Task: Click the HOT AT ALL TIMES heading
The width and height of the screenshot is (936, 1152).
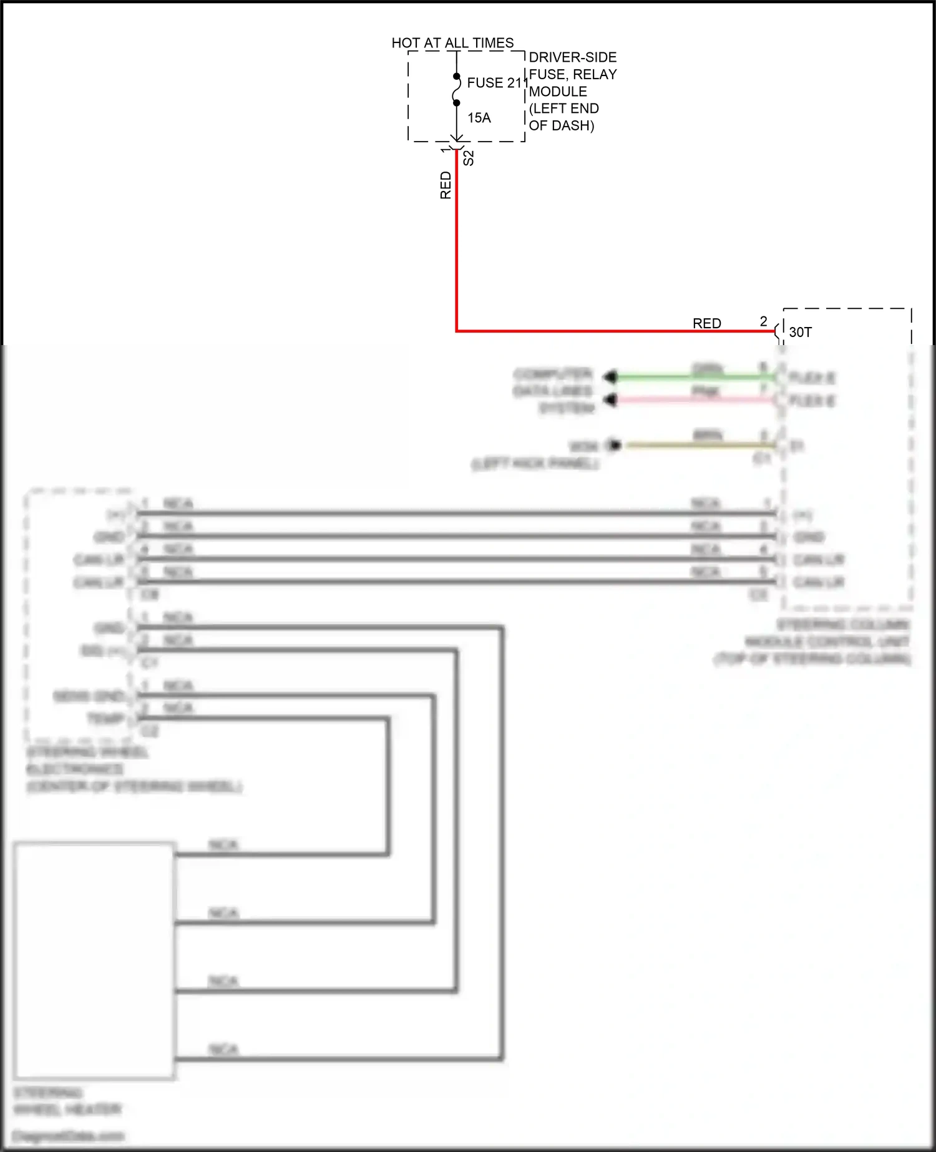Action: point(452,43)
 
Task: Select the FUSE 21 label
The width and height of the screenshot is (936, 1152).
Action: point(494,83)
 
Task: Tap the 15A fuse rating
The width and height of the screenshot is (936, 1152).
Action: point(479,118)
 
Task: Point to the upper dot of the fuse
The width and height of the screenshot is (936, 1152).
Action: point(457,77)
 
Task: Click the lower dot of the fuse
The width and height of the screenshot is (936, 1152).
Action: point(457,103)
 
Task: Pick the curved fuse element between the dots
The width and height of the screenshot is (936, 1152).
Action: point(458,90)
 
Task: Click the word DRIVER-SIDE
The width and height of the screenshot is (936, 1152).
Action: point(573,57)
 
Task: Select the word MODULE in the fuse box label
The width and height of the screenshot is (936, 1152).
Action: point(558,92)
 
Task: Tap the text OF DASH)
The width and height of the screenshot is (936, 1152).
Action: point(561,125)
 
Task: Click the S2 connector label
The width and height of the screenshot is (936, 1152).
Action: point(469,158)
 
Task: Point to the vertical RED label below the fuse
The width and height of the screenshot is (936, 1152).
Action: point(446,185)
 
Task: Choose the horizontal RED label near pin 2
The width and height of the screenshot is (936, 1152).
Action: point(707,323)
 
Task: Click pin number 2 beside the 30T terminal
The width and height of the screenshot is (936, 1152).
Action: point(763,321)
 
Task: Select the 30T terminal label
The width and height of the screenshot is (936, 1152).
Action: point(801,332)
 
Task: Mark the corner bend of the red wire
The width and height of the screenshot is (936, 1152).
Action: point(457,331)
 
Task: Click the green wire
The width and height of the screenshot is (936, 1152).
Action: point(686,377)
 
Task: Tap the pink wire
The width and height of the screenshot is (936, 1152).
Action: point(686,399)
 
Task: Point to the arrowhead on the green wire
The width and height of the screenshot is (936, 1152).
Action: point(610,377)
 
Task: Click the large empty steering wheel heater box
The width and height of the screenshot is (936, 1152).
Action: point(94,960)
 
